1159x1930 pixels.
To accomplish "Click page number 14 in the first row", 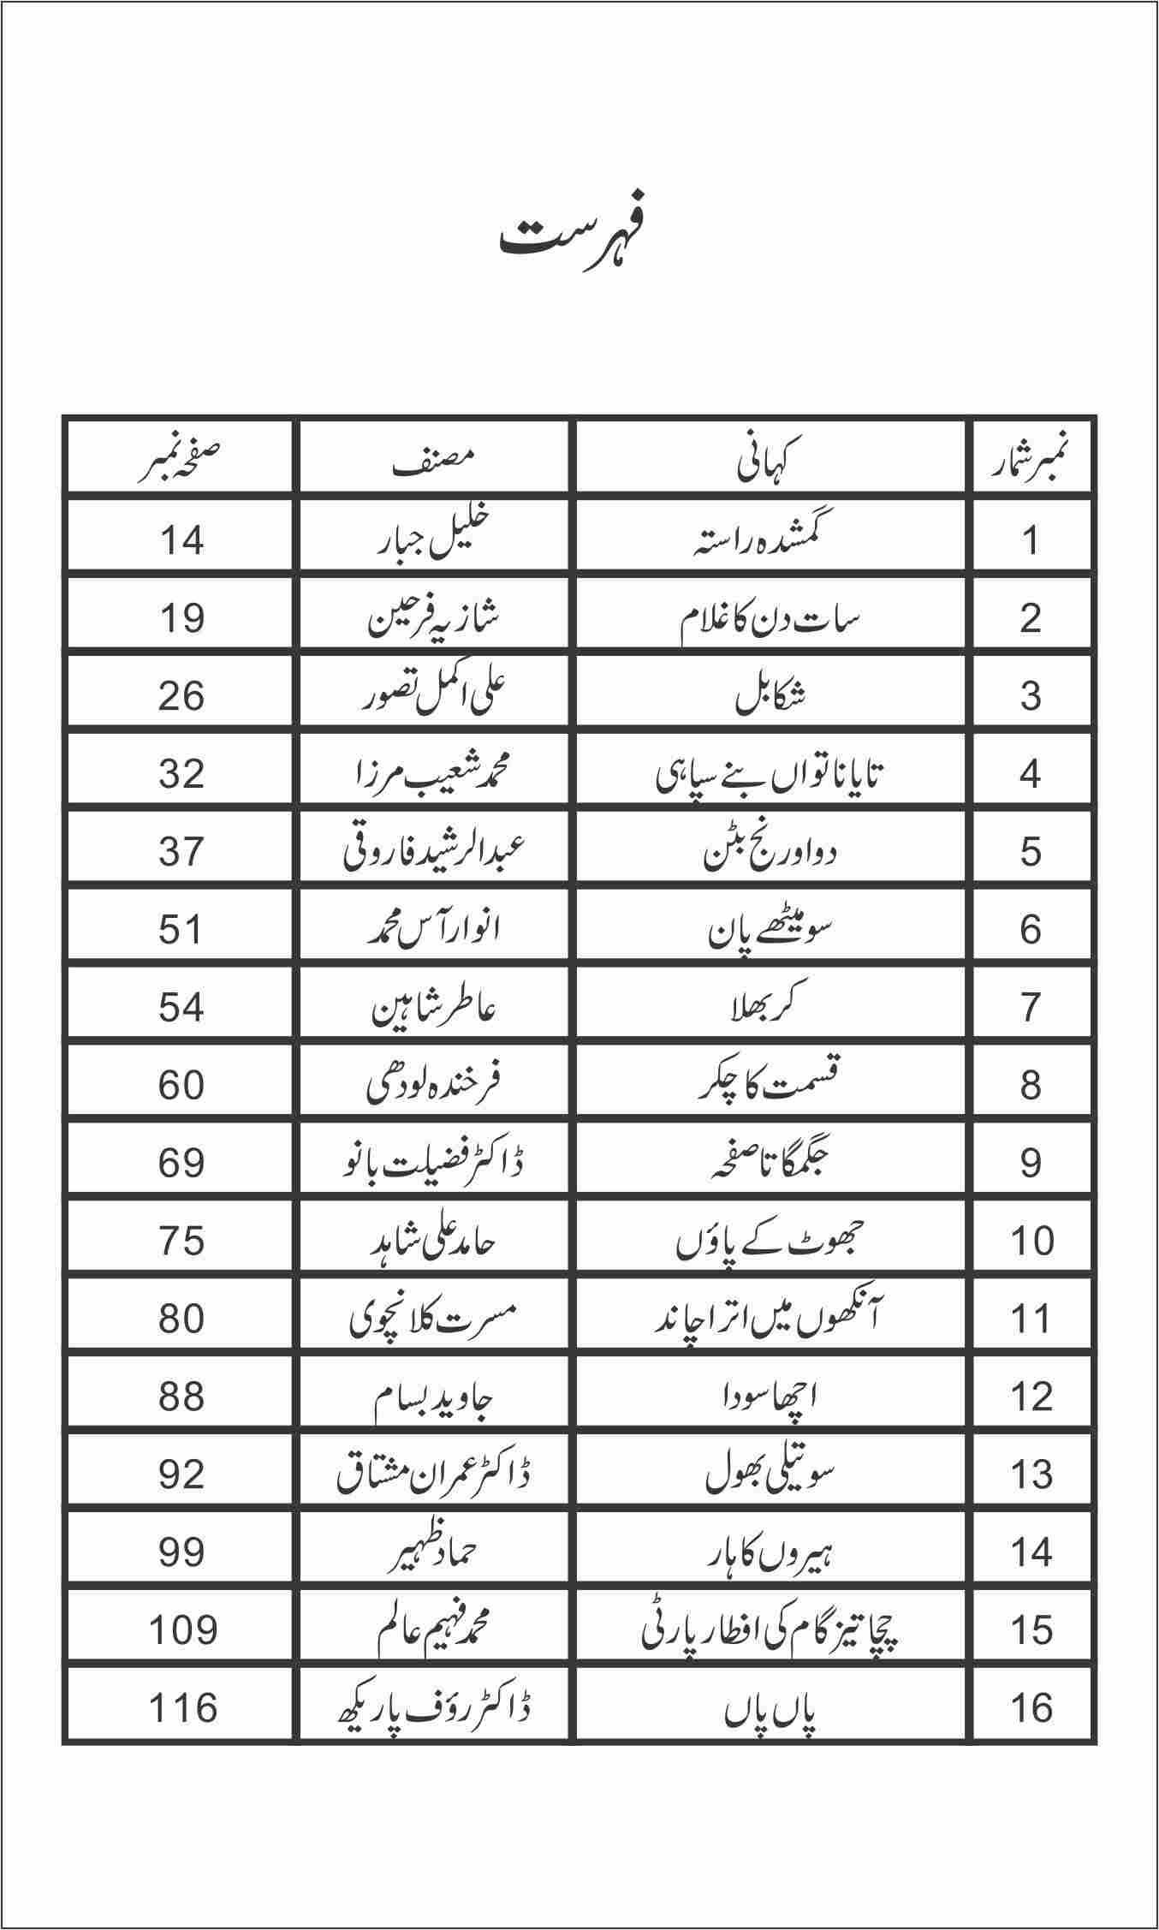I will tap(181, 540).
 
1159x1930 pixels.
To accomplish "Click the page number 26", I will tap(181, 696).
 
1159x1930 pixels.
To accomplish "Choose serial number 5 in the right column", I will tap(1031, 852).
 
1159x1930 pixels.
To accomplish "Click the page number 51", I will tap(181, 930).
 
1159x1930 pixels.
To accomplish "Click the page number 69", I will tap(181, 1164).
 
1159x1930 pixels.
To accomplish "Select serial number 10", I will tap(1031, 1241).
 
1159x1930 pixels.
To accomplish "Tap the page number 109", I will tap(181, 1630).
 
